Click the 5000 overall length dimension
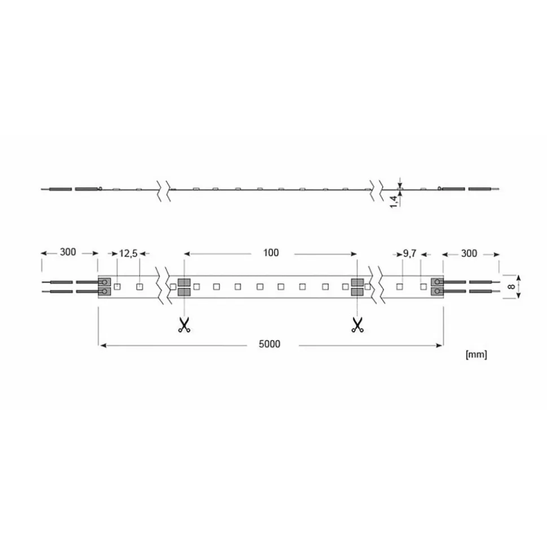pos(270,344)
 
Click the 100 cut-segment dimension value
pos(271,253)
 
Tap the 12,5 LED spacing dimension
pos(128,254)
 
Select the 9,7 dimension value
pos(409,254)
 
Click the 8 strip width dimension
pos(511,286)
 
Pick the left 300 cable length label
pos(68,253)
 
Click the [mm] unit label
pos(476,354)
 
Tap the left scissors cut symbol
pos(183,325)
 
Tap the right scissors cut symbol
pos(356,325)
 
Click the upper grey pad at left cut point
pos(183,282)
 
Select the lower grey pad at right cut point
pos(356,292)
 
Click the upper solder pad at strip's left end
pos(104,282)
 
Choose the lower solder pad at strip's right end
pos(437,291)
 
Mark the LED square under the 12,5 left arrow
pos(117,287)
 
